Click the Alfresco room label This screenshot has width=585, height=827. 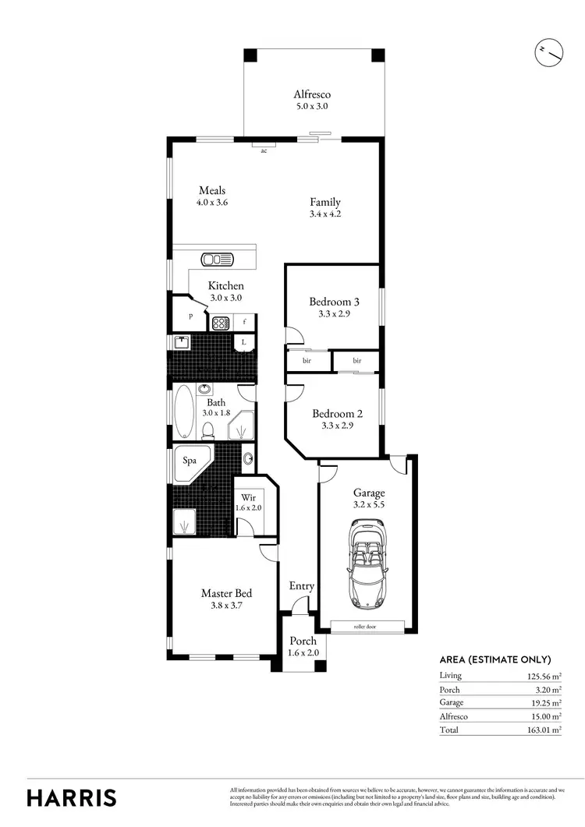[x=312, y=94]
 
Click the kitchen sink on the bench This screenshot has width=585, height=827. [x=217, y=260]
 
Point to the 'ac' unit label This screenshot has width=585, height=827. [x=264, y=150]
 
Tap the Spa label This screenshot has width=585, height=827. [x=190, y=461]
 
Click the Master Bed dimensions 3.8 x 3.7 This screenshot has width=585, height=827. [x=226, y=606]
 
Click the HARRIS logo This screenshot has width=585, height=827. [x=72, y=797]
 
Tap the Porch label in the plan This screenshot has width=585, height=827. [x=303, y=641]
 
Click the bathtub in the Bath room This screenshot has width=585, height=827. [x=184, y=412]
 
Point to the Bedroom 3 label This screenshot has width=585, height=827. [x=334, y=302]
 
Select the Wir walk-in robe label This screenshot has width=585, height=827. [x=249, y=497]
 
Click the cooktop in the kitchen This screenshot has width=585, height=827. [x=220, y=321]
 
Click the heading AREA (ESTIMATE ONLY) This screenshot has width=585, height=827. [x=495, y=659]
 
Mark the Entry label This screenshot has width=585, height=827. [x=302, y=586]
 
